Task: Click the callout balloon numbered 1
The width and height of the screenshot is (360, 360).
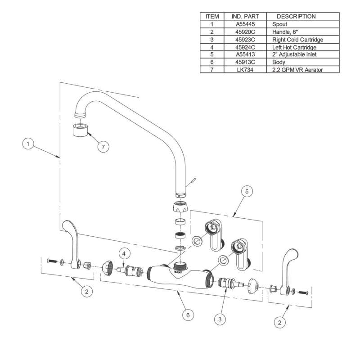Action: point(29,144)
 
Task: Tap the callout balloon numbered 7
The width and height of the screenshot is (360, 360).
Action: point(104,147)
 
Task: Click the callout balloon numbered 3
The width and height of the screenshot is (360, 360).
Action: point(220,319)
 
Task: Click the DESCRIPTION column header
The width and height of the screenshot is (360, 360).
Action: point(296,16)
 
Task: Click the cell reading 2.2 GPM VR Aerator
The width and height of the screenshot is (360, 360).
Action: point(298,70)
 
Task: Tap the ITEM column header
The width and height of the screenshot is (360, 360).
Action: point(212,16)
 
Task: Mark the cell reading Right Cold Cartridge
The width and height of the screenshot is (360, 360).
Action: point(298,39)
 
